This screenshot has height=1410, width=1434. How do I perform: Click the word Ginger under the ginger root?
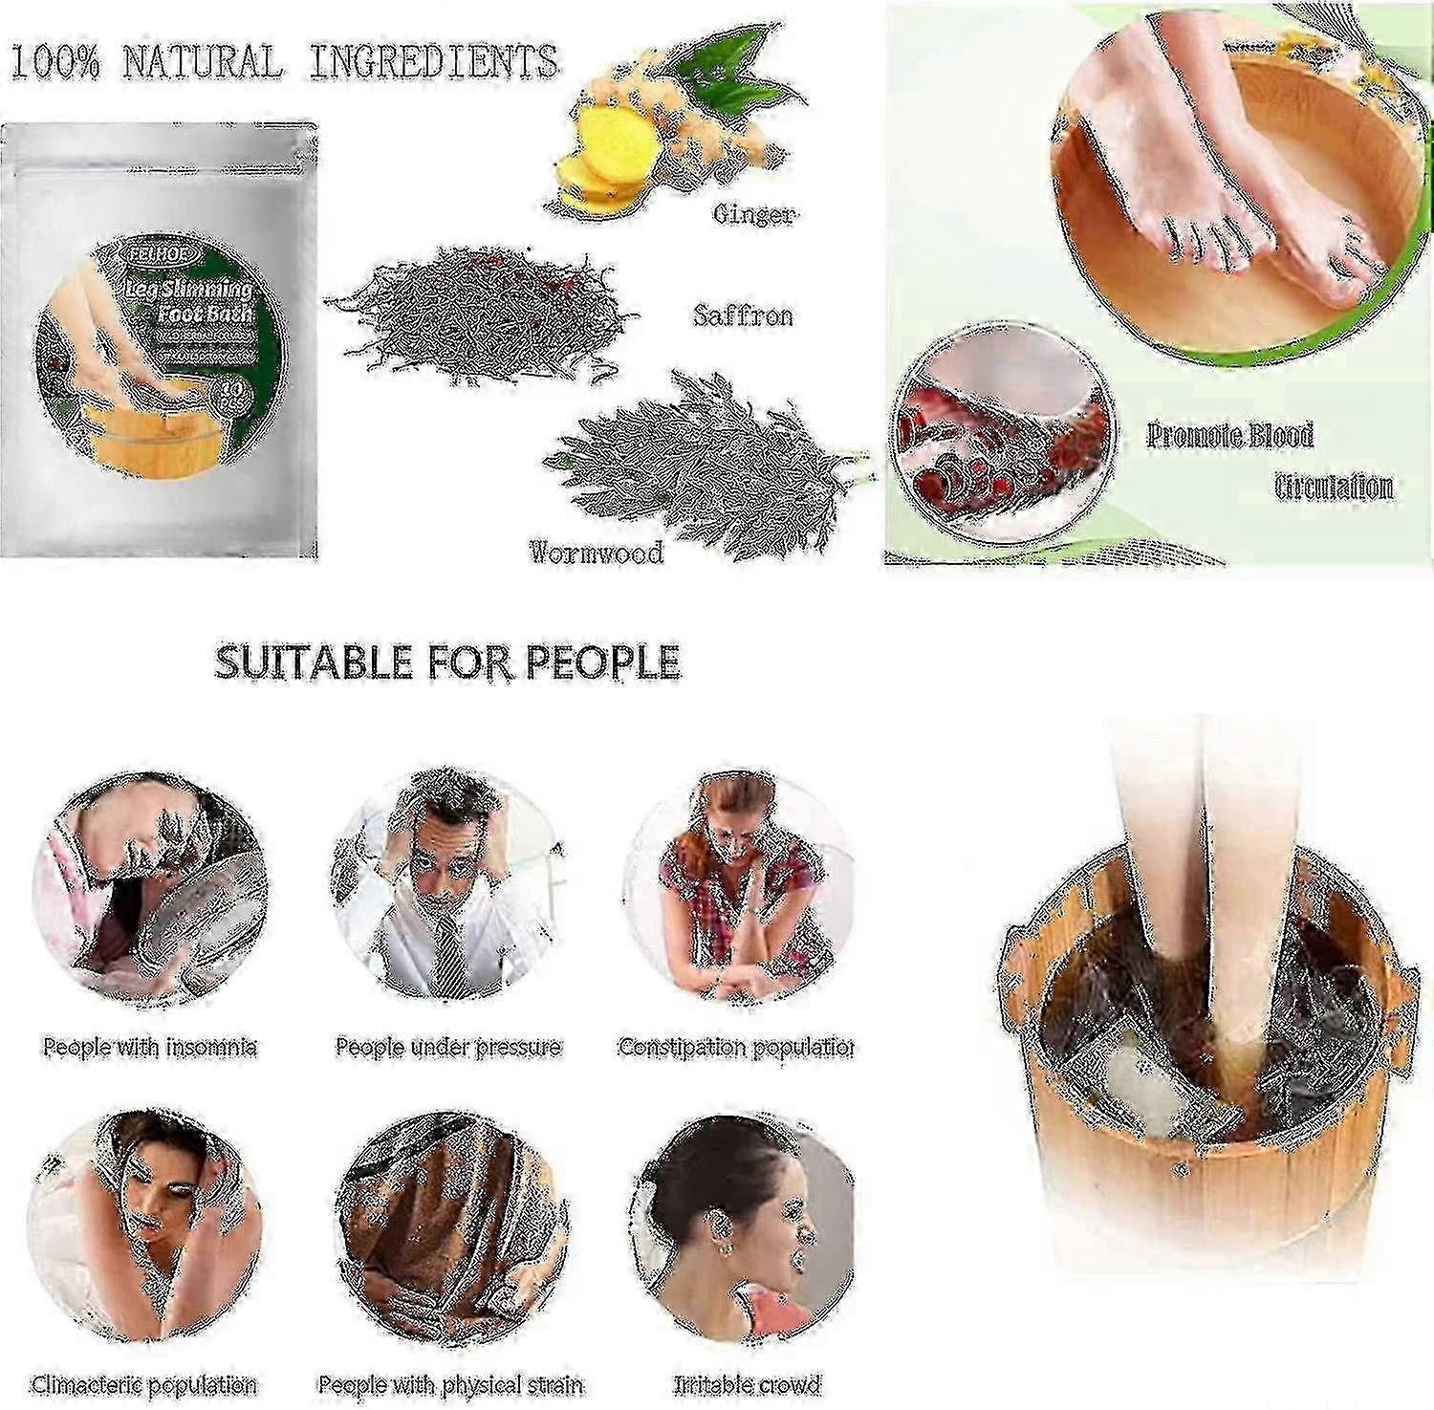[x=753, y=214]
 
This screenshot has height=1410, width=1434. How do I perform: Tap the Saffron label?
[x=743, y=315]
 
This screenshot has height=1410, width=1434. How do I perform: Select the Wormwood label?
[x=597, y=552]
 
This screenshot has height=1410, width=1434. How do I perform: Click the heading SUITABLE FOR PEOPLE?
[x=447, y=662]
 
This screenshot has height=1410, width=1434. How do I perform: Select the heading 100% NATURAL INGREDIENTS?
[x=284, y=62]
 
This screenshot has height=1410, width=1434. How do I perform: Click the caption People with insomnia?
[x=150, y=1047]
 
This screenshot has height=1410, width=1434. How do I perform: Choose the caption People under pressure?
[x=447, y=1047]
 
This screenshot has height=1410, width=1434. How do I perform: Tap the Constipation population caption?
[x=735, y=1047]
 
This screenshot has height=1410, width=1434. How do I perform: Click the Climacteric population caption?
[x=144, y=1384]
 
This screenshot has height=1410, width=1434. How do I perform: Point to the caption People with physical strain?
[x=450, y=1384]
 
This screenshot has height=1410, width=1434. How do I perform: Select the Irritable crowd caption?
[x=747, y=1384]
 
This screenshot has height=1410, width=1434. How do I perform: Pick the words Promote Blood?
[x=1229, y=436]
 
